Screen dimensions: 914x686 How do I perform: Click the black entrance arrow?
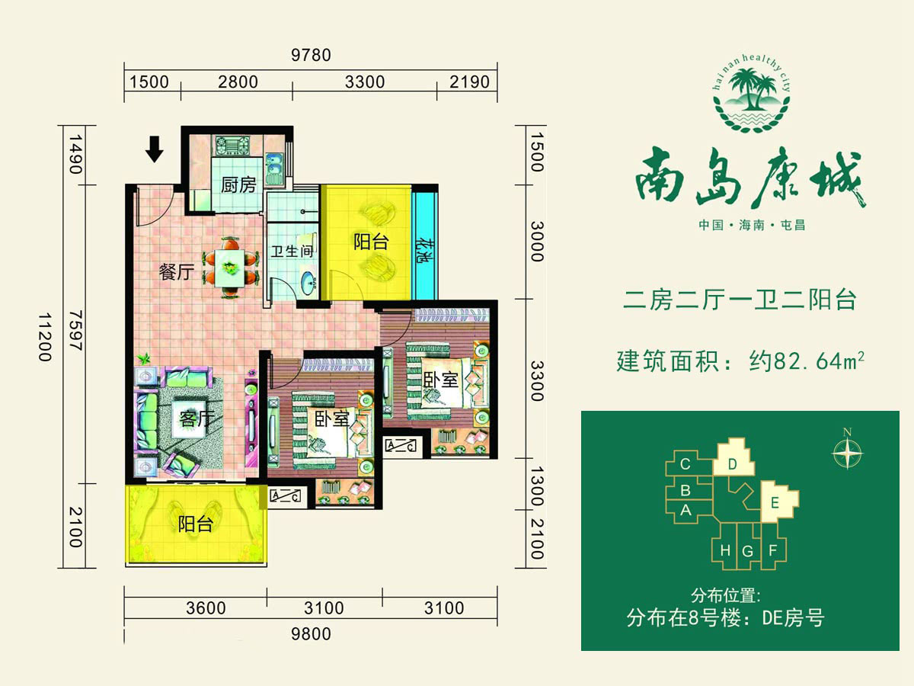click(x=154, y=149)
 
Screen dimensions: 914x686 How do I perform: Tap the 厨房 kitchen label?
click(x=238, y=185)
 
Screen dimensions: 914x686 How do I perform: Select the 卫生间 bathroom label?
click(x=292, y=252)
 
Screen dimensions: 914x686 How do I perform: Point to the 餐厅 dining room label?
click(x=177, y=272)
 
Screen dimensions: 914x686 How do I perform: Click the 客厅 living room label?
click(x=197, y=418)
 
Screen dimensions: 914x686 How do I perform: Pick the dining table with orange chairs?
click(x=230, y=268)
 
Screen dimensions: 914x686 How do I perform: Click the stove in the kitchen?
click(x=232, y=146)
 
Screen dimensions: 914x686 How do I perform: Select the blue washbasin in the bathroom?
click(x=308, y=284)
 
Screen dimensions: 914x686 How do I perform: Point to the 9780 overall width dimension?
click(x=311, y=56)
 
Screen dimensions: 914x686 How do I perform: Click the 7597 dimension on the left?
click(x=75, y=330)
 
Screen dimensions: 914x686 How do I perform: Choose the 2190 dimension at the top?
click(x=469, y=82)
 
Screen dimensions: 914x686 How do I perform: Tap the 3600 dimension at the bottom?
click(x=206, y=608)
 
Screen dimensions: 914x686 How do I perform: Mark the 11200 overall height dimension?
click(x=45, y=338)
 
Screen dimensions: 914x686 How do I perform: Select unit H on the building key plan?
click(x=725, y=550)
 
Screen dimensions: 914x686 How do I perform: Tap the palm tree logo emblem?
click(x=752, y=94)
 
